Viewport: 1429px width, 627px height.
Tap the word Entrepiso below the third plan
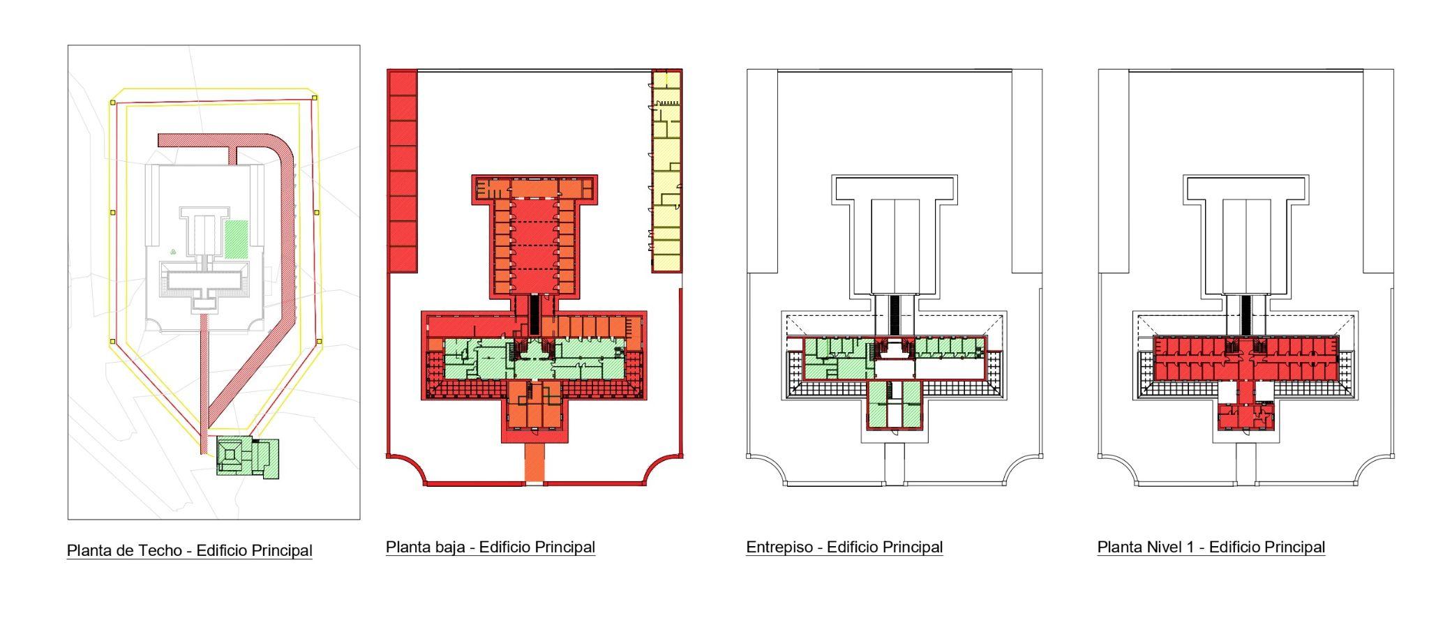779,547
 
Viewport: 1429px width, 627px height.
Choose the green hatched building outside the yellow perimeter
248,458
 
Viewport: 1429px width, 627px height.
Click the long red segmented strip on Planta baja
402,170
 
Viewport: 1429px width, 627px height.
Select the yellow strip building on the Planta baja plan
666,170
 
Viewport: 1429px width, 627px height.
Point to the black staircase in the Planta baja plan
534,314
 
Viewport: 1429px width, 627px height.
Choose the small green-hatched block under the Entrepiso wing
894,405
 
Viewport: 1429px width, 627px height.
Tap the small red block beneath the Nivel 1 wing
1246,416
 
